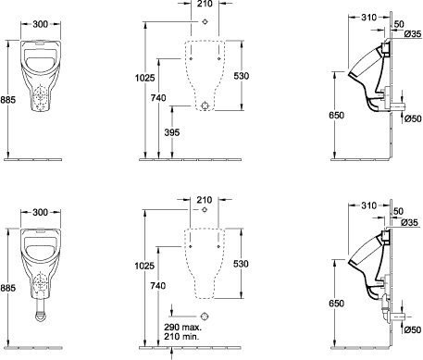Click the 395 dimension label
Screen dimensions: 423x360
pos(172,132)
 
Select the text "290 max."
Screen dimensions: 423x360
pos(182,327)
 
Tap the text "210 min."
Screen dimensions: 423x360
pos(181,336)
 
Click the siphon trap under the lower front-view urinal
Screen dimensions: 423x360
pos(41,311)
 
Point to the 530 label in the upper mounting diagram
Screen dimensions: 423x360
pos(241,76)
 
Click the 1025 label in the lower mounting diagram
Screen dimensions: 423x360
pos(144,266)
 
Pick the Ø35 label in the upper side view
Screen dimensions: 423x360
pos(413,33)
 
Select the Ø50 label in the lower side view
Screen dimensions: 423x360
pos(413,329)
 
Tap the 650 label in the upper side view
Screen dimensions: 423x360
pos(336,115)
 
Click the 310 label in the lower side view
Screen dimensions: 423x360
pos(369,205)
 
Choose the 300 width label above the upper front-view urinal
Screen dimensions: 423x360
pos(41,24)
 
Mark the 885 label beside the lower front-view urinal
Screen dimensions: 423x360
pos(7,288)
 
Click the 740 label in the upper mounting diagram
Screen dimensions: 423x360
pos(158,98)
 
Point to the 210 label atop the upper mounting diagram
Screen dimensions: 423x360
pos(205,4)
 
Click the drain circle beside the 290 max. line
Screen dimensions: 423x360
pos(205,317)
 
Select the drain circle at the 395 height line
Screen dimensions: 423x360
pos(205,106)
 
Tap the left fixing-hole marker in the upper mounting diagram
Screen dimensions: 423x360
pos(191,58)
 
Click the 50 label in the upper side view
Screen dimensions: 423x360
pos(399,24)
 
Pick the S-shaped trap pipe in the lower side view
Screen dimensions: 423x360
pos(384,307)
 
